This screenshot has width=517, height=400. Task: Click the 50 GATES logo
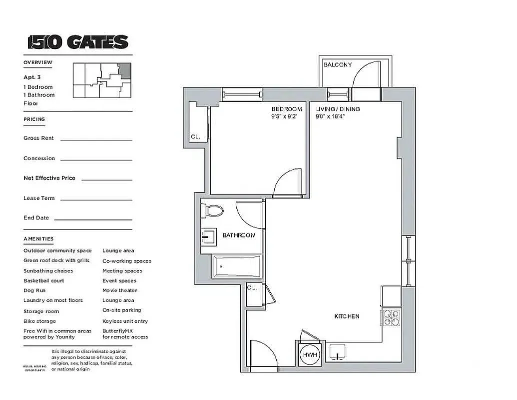pyautogui.click(x=78, y=42)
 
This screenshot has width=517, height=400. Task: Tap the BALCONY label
pyautogui.click(x=338, y=64)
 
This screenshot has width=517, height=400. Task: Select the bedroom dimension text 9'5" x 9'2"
pyautogui.click(x=284, y=116)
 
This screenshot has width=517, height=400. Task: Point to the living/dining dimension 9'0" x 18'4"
pyautogui.click(x=330, y=116)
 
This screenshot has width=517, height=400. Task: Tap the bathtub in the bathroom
pyautogui.click(x=237, y=267)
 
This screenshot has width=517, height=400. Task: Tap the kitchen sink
pyautogui.click(x=339, y=352)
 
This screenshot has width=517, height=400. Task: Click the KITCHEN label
pyautogui.click(x=347, y=316)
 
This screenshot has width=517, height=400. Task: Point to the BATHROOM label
pyautogui.click(x=239, y=235)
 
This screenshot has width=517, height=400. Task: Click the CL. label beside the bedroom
pyautogui.click(x=195, y=136)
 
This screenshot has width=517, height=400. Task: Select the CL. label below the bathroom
pyautogui.click(x=252, y=287)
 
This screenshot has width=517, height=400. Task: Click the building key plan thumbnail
pyautogui.click(x=102, y=80)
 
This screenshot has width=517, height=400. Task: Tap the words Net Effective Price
pyautogui.click(x=49, y=178)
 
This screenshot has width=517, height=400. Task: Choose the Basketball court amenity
pyautogui.click(x=43, y=280)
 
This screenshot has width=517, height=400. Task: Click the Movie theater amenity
pyautogui.click(x=119, y=290)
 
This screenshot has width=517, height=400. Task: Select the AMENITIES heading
pyautogui.click(x=38, y=239)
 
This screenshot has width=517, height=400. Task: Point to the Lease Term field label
pyautogui.click(x=39, y=198)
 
